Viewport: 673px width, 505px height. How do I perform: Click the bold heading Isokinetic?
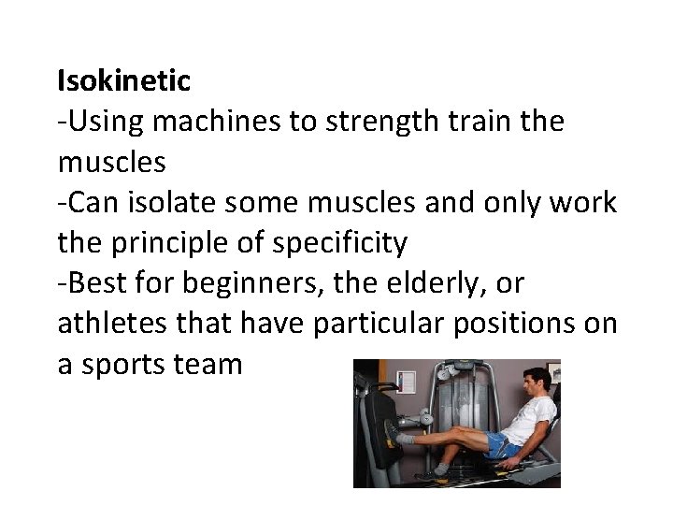coord(123,81)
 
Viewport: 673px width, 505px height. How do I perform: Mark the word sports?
coord(124,365)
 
